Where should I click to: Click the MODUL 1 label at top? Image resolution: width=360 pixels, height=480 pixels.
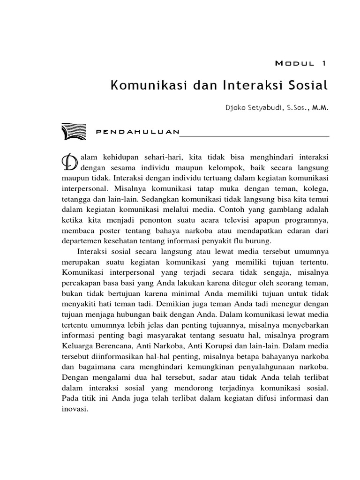(x=302, y=63)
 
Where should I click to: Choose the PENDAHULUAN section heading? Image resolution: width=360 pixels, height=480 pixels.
(x=137, y=132)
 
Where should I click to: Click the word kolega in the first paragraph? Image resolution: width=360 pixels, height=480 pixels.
(x=316, y=188)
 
